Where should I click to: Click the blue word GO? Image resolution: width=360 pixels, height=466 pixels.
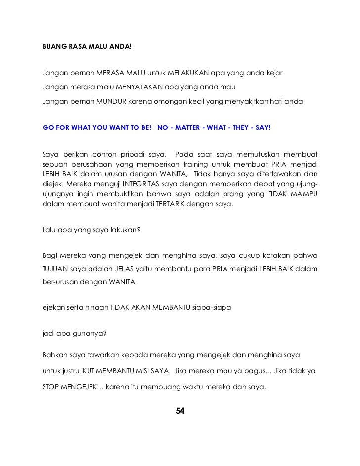point(48,127)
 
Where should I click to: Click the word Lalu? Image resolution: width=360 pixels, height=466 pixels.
point(49,230)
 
